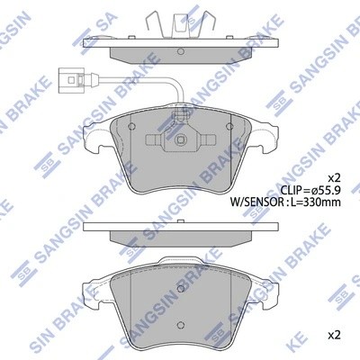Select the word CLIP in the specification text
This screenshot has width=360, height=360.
(x=289, y=192)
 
